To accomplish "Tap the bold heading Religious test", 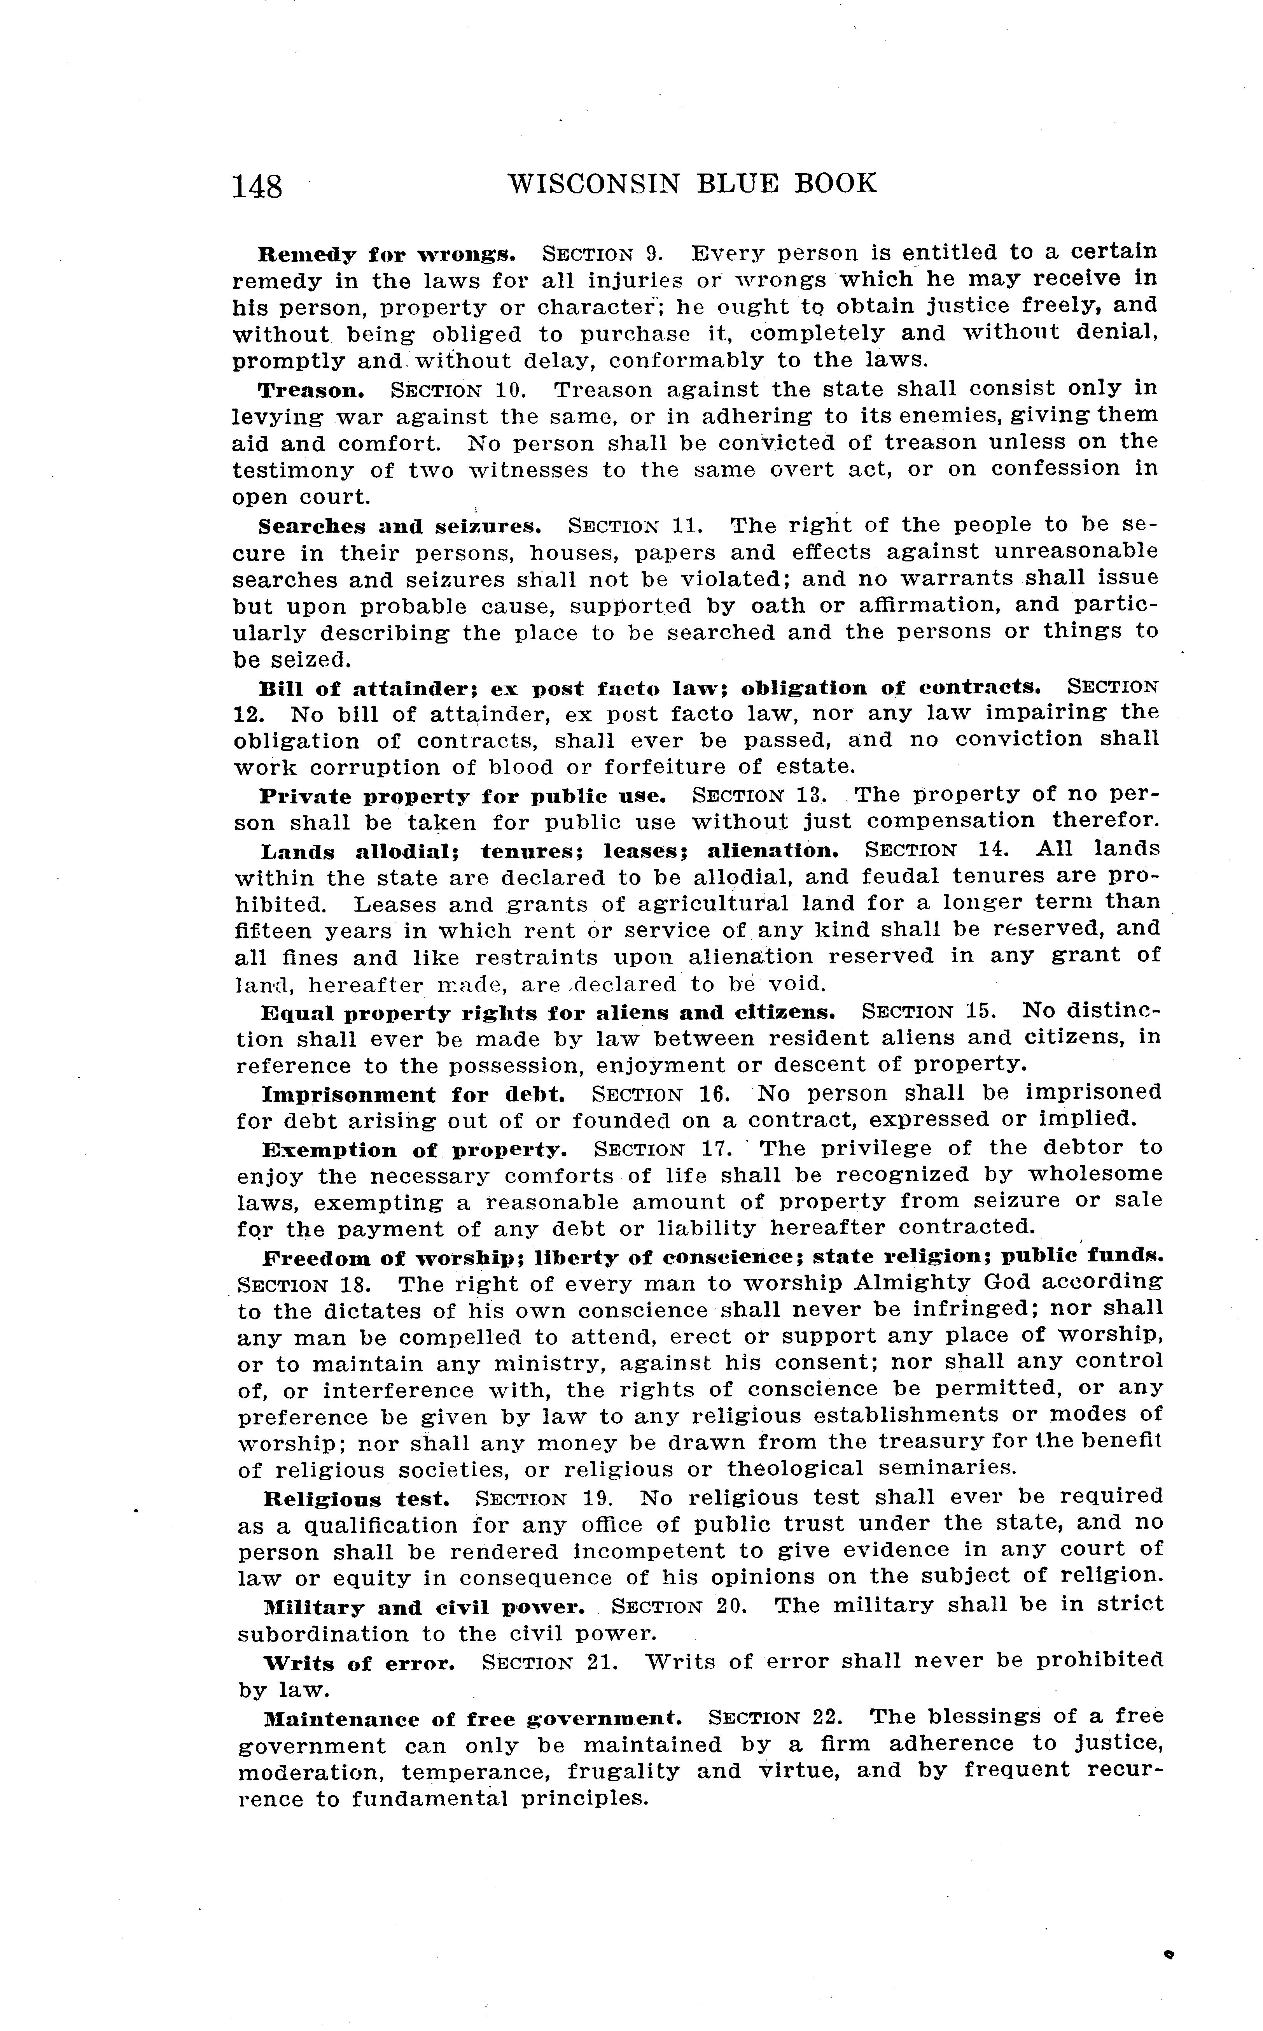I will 357,1499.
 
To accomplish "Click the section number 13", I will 812,794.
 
